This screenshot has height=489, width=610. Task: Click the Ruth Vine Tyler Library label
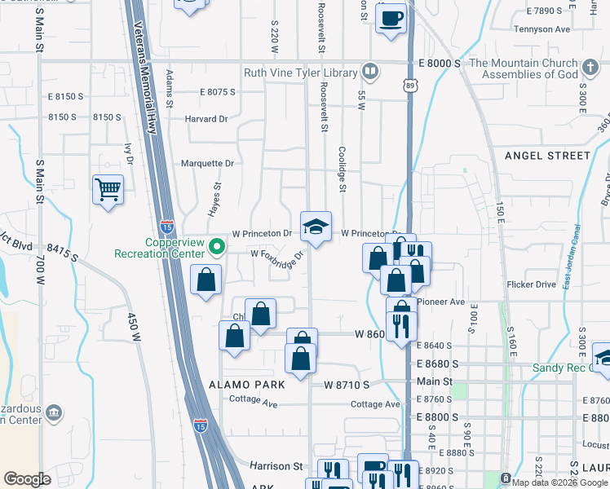(301, 73)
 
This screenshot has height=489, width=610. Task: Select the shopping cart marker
(108, 190)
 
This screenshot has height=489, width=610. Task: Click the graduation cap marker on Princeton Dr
(316, 227)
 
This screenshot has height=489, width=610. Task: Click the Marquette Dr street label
(207, 164)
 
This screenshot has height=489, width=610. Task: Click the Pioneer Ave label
(441, 302)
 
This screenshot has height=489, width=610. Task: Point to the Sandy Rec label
(560, 368)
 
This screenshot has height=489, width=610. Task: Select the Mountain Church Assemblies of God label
(524, 68)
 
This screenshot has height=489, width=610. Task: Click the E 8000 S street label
(440, 63)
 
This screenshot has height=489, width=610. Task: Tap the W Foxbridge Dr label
(276, 257)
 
